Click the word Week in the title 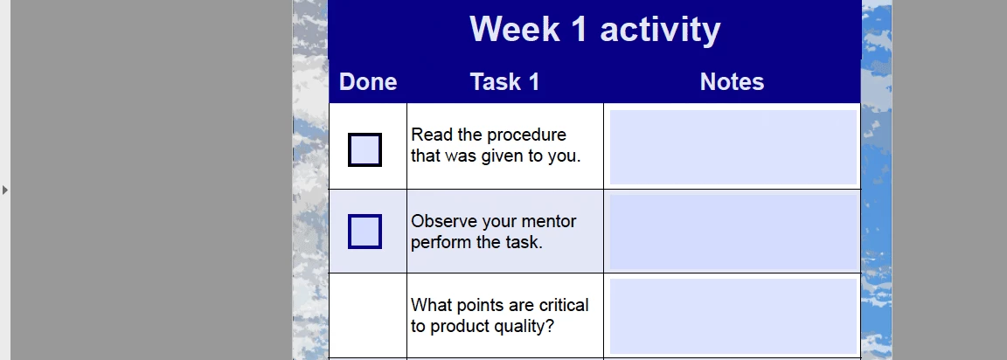click(515, 29)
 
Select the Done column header click(368, 82)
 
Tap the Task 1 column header click(504, 82)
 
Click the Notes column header click(733, 82)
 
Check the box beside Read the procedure click(365, 149)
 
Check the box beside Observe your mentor click(365, 232)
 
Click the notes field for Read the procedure click(733, 147)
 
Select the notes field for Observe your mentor click(733, 232)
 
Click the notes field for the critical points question click(733, 316)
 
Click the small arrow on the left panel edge click(5, 190)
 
